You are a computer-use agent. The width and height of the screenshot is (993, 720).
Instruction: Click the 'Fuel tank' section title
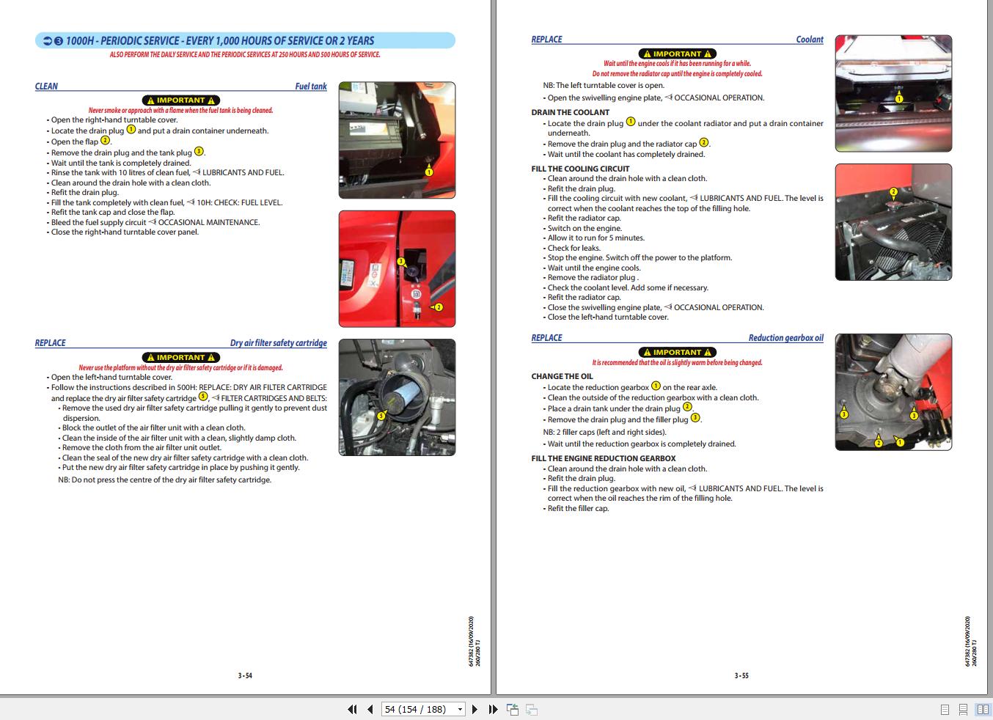pyautogui.click(x=311, y=87)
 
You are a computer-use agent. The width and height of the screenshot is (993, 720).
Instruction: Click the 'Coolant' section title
pyautogui.click(x=810, y=40)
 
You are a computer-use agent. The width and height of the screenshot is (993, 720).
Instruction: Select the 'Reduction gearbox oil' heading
pyautogui.click(x=785, y=338)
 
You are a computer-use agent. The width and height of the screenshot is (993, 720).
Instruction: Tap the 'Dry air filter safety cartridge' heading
pyautogui.click(x=278, y=343)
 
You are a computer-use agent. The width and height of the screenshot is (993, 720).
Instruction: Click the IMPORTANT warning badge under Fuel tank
pyautogui.click(x=180, y=100)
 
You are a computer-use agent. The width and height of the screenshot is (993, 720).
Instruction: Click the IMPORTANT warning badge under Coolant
pyautogui.click(x=677, y=54)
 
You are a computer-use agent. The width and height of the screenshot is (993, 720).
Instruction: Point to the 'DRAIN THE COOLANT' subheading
pyautogui.click(x=570, y=112)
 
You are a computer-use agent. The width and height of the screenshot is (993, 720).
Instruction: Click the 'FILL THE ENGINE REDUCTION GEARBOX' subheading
pyautogui.click(x=603, y=458)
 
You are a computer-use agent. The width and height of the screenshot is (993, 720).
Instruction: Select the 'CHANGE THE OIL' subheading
pyautogui.click(x=562, y=376)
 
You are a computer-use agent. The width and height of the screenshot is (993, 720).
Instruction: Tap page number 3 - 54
pyautogui.click(x=245, y=676)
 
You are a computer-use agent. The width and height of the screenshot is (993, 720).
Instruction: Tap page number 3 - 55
pyautogui.click(x=741, y=676)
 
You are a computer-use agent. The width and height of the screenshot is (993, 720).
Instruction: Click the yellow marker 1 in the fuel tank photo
pyautogui.click(x=429, y=172)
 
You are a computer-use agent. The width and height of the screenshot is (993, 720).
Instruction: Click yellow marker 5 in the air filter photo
pyautogui.click(x=381, y=416)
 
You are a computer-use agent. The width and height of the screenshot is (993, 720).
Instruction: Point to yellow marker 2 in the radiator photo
pyautogui.click(x=893, y=192)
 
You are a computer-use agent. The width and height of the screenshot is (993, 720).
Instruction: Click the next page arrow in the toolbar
pyautogui.click(x=474, y=709)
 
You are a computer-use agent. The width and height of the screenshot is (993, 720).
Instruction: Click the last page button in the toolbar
pyautogui.click(x=493, y=709)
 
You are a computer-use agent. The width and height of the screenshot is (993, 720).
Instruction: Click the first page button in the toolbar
pyautogui.click(x=352, y=709)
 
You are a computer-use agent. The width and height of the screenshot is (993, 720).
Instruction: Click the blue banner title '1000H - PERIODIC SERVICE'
pyautogui.click(x=220, y=41)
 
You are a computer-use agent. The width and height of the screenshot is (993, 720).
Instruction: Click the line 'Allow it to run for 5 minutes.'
pyautogui.click(x=596, y=238)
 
